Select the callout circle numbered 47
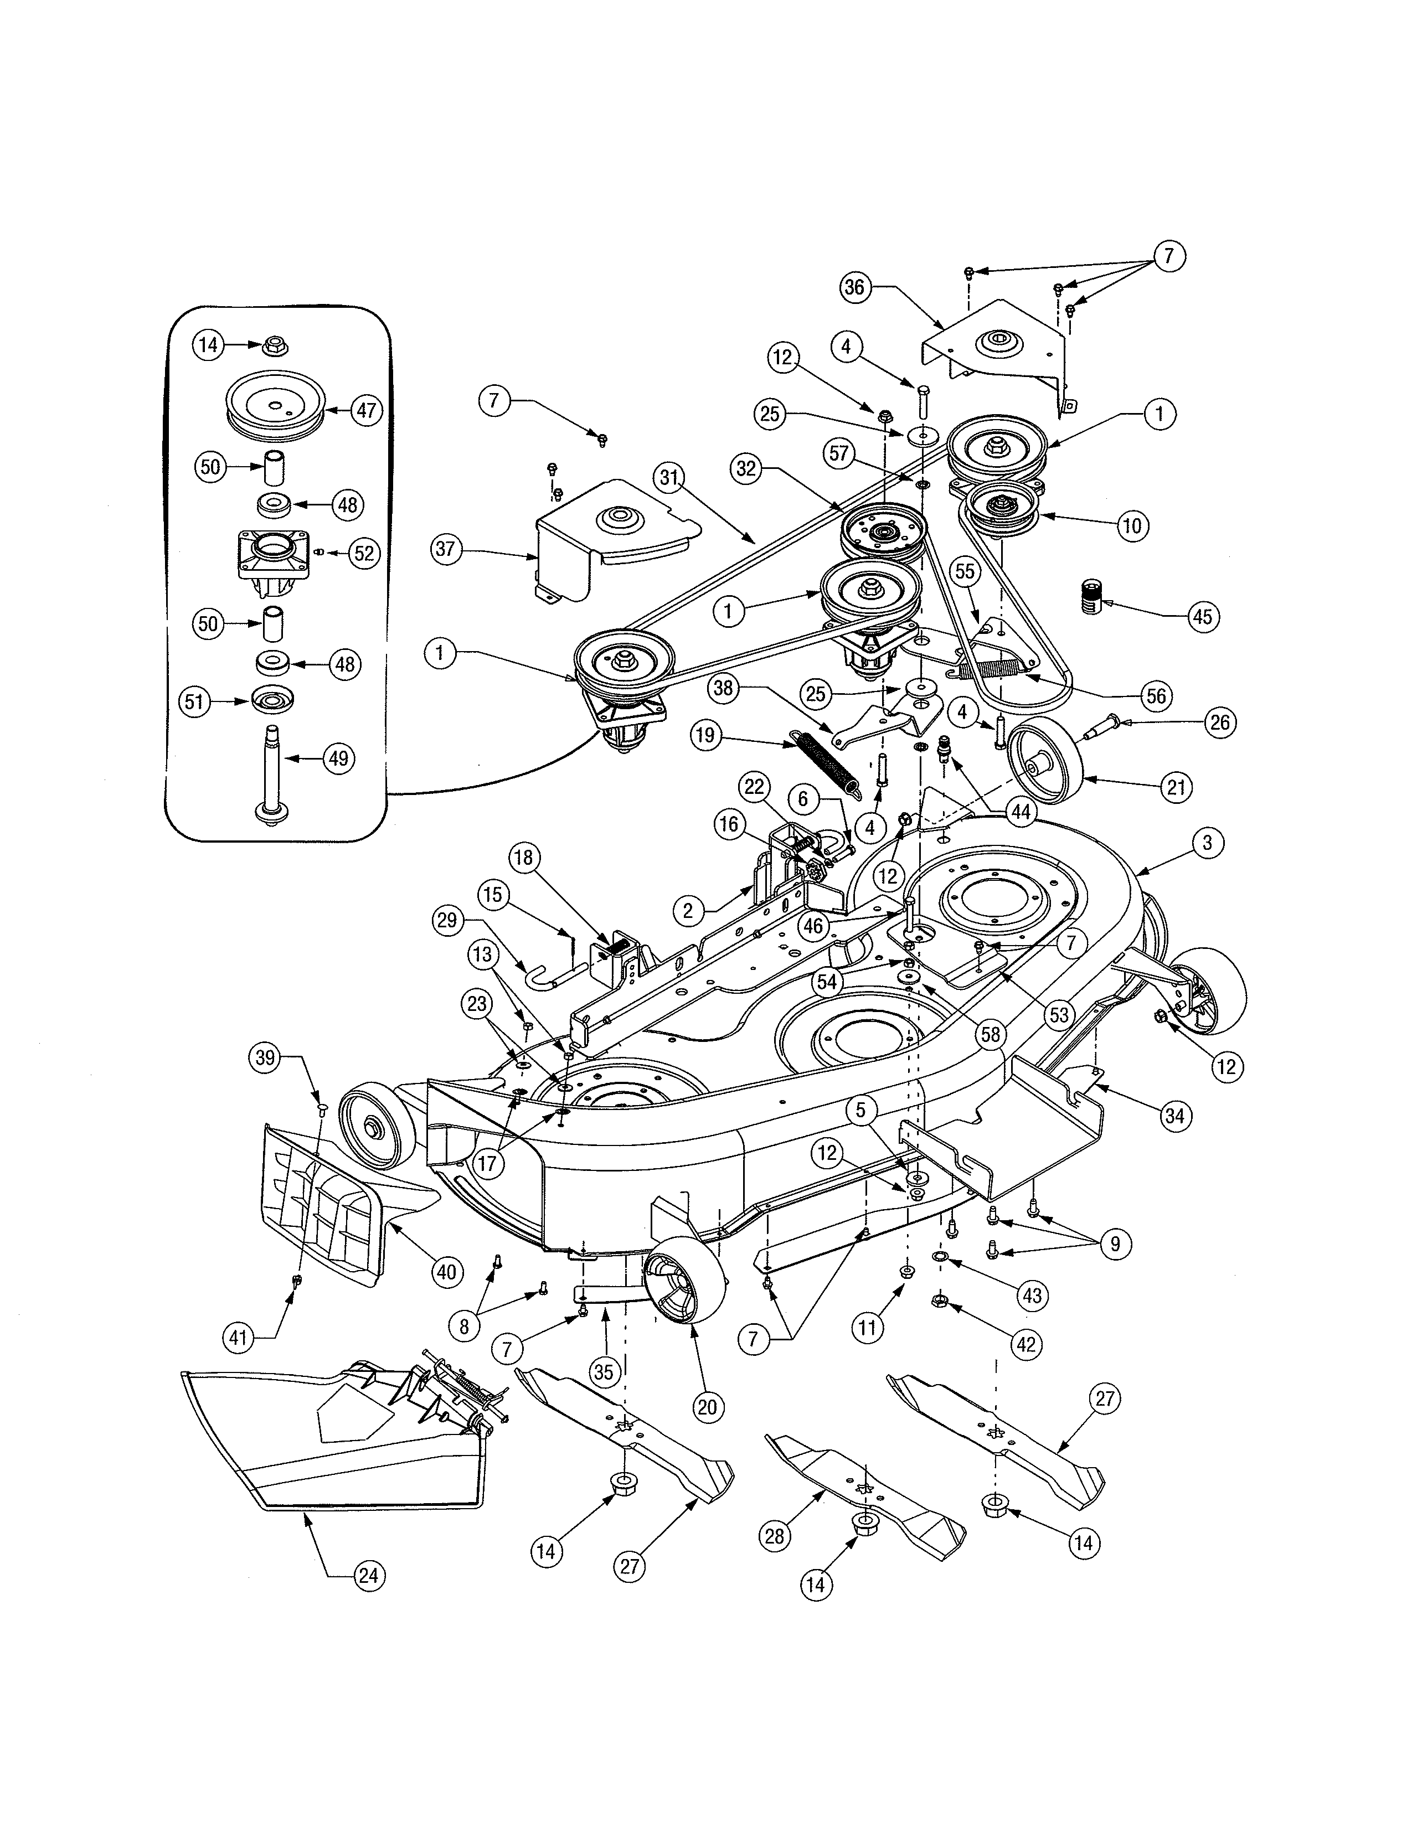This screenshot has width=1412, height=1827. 367,411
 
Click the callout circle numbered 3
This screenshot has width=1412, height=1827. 1206,843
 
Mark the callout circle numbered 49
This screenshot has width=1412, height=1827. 338,758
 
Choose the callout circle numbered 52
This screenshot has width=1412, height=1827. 363,553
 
